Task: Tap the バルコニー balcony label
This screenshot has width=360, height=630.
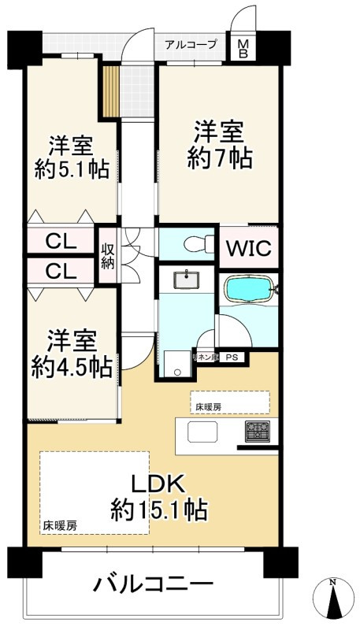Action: [x=154, y=584]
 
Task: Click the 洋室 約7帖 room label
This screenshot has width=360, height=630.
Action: [x=220, y=144]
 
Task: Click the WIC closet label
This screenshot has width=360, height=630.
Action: [x=249, y=248]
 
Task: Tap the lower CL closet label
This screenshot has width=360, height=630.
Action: [x=60, y=271]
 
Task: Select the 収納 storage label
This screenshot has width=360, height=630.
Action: [x=108, y=255]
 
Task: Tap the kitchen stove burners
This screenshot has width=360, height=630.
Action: [x=258, y=432]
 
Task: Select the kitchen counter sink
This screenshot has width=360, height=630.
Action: [x=201, y=432]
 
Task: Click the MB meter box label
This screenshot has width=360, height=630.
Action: [x=242, y=50]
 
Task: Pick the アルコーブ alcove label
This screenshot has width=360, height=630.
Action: [x=191, y=45]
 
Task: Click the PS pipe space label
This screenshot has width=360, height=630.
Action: [x=232, y=358]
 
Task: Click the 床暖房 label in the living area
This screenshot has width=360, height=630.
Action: [x=60, y=525]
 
